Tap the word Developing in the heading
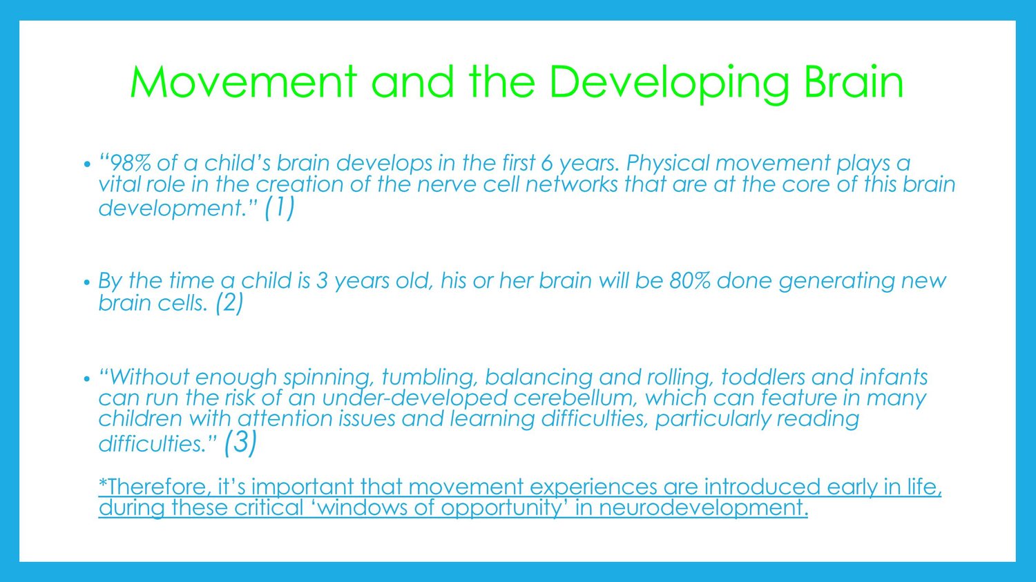[669, 85]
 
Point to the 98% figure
[125, 163]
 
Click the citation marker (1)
[279, 208]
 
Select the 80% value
[689, 280]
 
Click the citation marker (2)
[229, 304]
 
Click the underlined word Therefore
[153, 487]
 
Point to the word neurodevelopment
[704, 508]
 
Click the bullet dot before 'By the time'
[87, 282]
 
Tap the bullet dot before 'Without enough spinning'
[87, 379]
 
